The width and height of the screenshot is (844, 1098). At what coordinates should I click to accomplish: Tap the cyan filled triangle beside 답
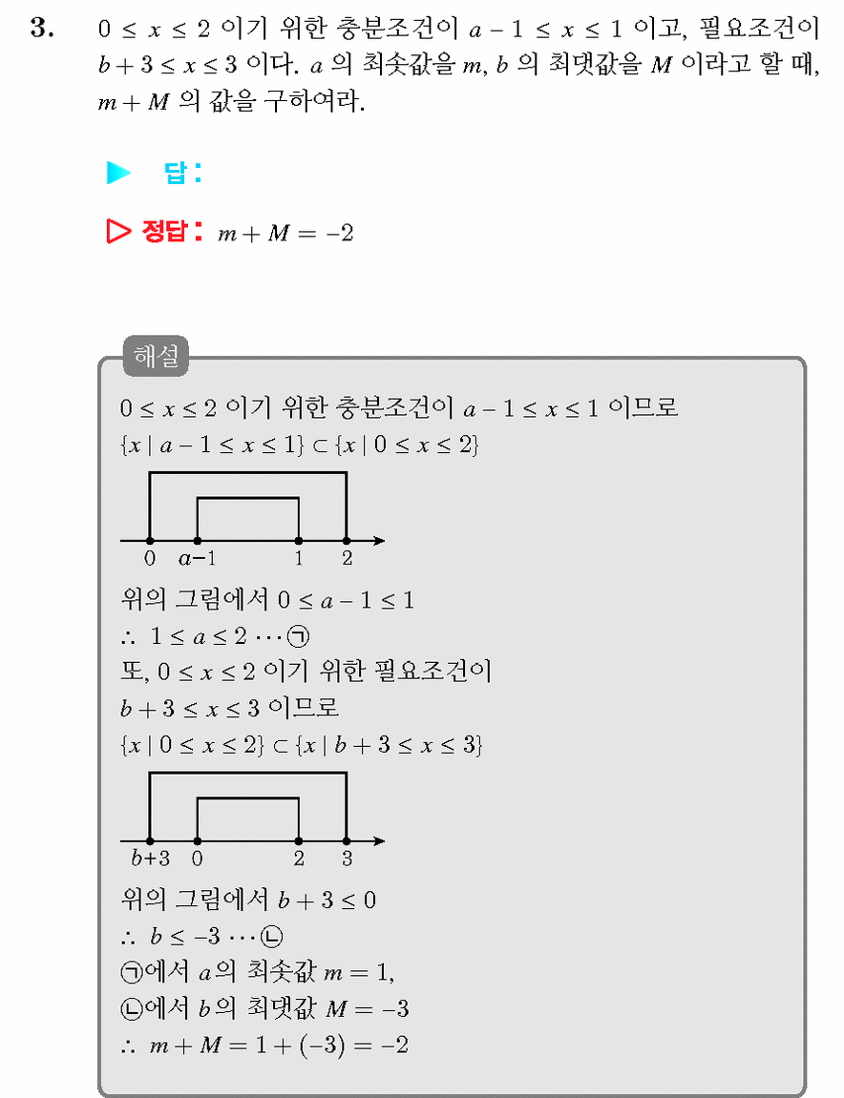(x=117, y=173)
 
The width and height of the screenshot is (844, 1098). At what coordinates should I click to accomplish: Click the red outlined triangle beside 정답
(x=117, y=231)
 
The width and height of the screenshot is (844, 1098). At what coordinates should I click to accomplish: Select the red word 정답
(x=165, y=231)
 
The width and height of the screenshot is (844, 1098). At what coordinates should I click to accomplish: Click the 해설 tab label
(x=156, y=356)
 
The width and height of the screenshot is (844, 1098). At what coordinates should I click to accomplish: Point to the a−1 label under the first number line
(x=197, y=559)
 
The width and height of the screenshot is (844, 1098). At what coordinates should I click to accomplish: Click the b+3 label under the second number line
(x=150, y=859)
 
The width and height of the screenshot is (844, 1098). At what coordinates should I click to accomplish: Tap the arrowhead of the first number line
(x=379, y=541)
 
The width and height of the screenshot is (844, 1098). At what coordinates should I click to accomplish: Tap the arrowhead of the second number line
(x=379, y=840)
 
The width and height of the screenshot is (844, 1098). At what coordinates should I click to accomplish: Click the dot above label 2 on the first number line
(x=347, y=541)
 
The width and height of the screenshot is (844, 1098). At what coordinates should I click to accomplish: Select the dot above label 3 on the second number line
(x=347, y=840)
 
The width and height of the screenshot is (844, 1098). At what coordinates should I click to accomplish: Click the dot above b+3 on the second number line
(x=150, y=840)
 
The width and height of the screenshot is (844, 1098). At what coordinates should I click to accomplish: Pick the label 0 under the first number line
(x=150, y=558)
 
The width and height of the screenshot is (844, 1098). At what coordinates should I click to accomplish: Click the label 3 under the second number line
(x=347, y=859)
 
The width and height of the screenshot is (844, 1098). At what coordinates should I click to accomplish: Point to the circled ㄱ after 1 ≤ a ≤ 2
(x=299, y=636)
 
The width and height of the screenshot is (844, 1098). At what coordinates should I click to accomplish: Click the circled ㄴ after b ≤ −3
(x=271, y=936)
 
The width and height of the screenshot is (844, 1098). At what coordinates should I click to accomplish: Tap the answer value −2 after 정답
(x=340, y=233)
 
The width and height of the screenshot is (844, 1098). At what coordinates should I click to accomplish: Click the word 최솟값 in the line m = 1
(x=282, y=973)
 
